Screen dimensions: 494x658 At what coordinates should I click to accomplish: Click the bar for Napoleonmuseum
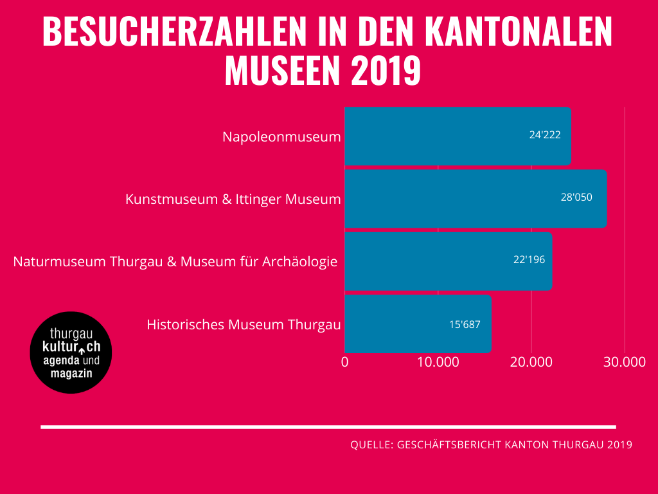click(x=458, y=136)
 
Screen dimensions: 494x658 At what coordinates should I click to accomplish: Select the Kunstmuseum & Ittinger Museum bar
click(x=476, y=199)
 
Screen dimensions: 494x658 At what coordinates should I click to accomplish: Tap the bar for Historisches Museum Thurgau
click(x=418, y=324)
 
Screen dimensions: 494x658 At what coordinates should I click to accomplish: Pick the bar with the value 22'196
click(x=448, y=261)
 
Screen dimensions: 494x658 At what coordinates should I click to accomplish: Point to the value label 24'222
click(x=545, y=136)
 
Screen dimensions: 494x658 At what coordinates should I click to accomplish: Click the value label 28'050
click(x=576, y=197)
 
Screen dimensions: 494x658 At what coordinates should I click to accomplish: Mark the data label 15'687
click(x=465, y=324)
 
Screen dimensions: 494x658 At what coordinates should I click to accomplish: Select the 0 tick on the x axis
click(x=345, y=361)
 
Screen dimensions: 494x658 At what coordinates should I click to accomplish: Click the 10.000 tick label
click(x=438, y=361)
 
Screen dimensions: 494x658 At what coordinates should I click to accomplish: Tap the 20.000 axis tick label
click(x=531, y=361)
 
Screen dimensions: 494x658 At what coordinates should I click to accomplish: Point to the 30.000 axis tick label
click(x=625, y=361)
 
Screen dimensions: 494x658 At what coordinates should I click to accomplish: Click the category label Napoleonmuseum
click(x=281, y=137)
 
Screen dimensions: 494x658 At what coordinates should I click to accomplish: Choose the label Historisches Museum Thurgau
click(x=244, y=324)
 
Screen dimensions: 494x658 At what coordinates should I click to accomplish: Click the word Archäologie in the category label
click(x=301, y=262)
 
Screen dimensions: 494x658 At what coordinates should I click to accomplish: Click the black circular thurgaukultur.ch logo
click(x=71, y=352)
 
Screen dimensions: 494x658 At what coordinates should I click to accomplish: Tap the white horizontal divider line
click(x=328, y=426)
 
